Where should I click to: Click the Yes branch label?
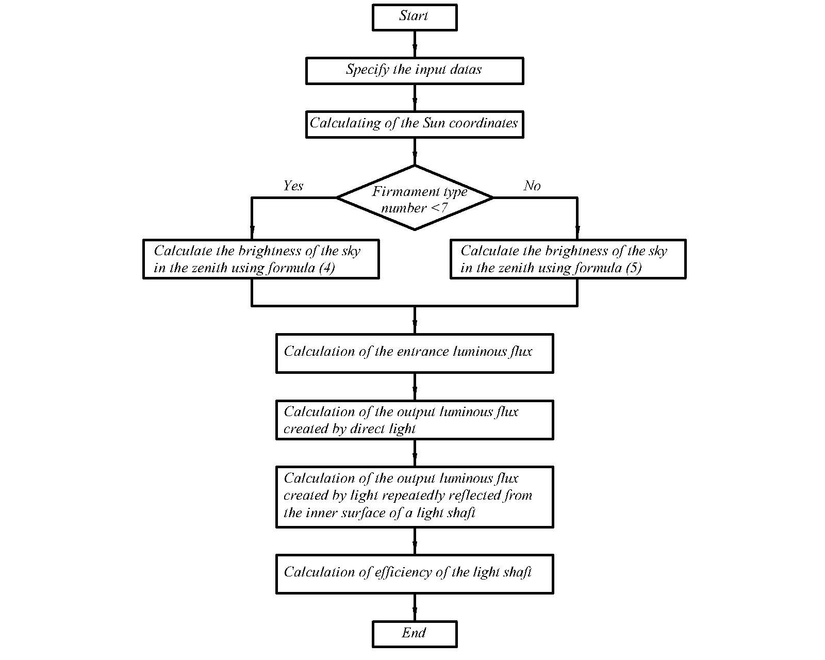point(293,186)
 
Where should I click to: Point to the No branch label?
point(532,186)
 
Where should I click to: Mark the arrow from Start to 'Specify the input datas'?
point(415,44)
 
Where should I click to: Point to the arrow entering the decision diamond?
point(415,152)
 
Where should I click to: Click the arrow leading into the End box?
point(415,607)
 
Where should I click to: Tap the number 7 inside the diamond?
point(444,208)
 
